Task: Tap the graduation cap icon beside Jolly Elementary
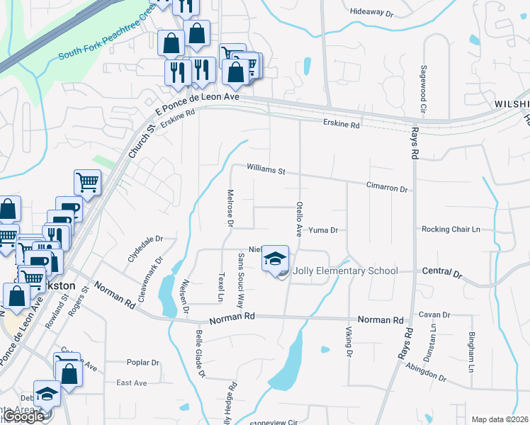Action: pyautogui.click(x=276, y=259)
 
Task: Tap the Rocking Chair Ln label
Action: pyautogui.click(x=451, y=229)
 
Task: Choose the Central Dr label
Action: pyautogui.click(x=441, y=272)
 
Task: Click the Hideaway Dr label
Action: pyautogui.click(x=372, y=13)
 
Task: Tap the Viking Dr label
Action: pyautogui.click(x=349, y=341)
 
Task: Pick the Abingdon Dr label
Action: pyautogui.click(x=426, y=372)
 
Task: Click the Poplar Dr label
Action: pyautogui.click(x=142, y=363)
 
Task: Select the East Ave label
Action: pyautogui.click(x=131, y=382)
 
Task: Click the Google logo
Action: pyautogui.click(x=23, y=416)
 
